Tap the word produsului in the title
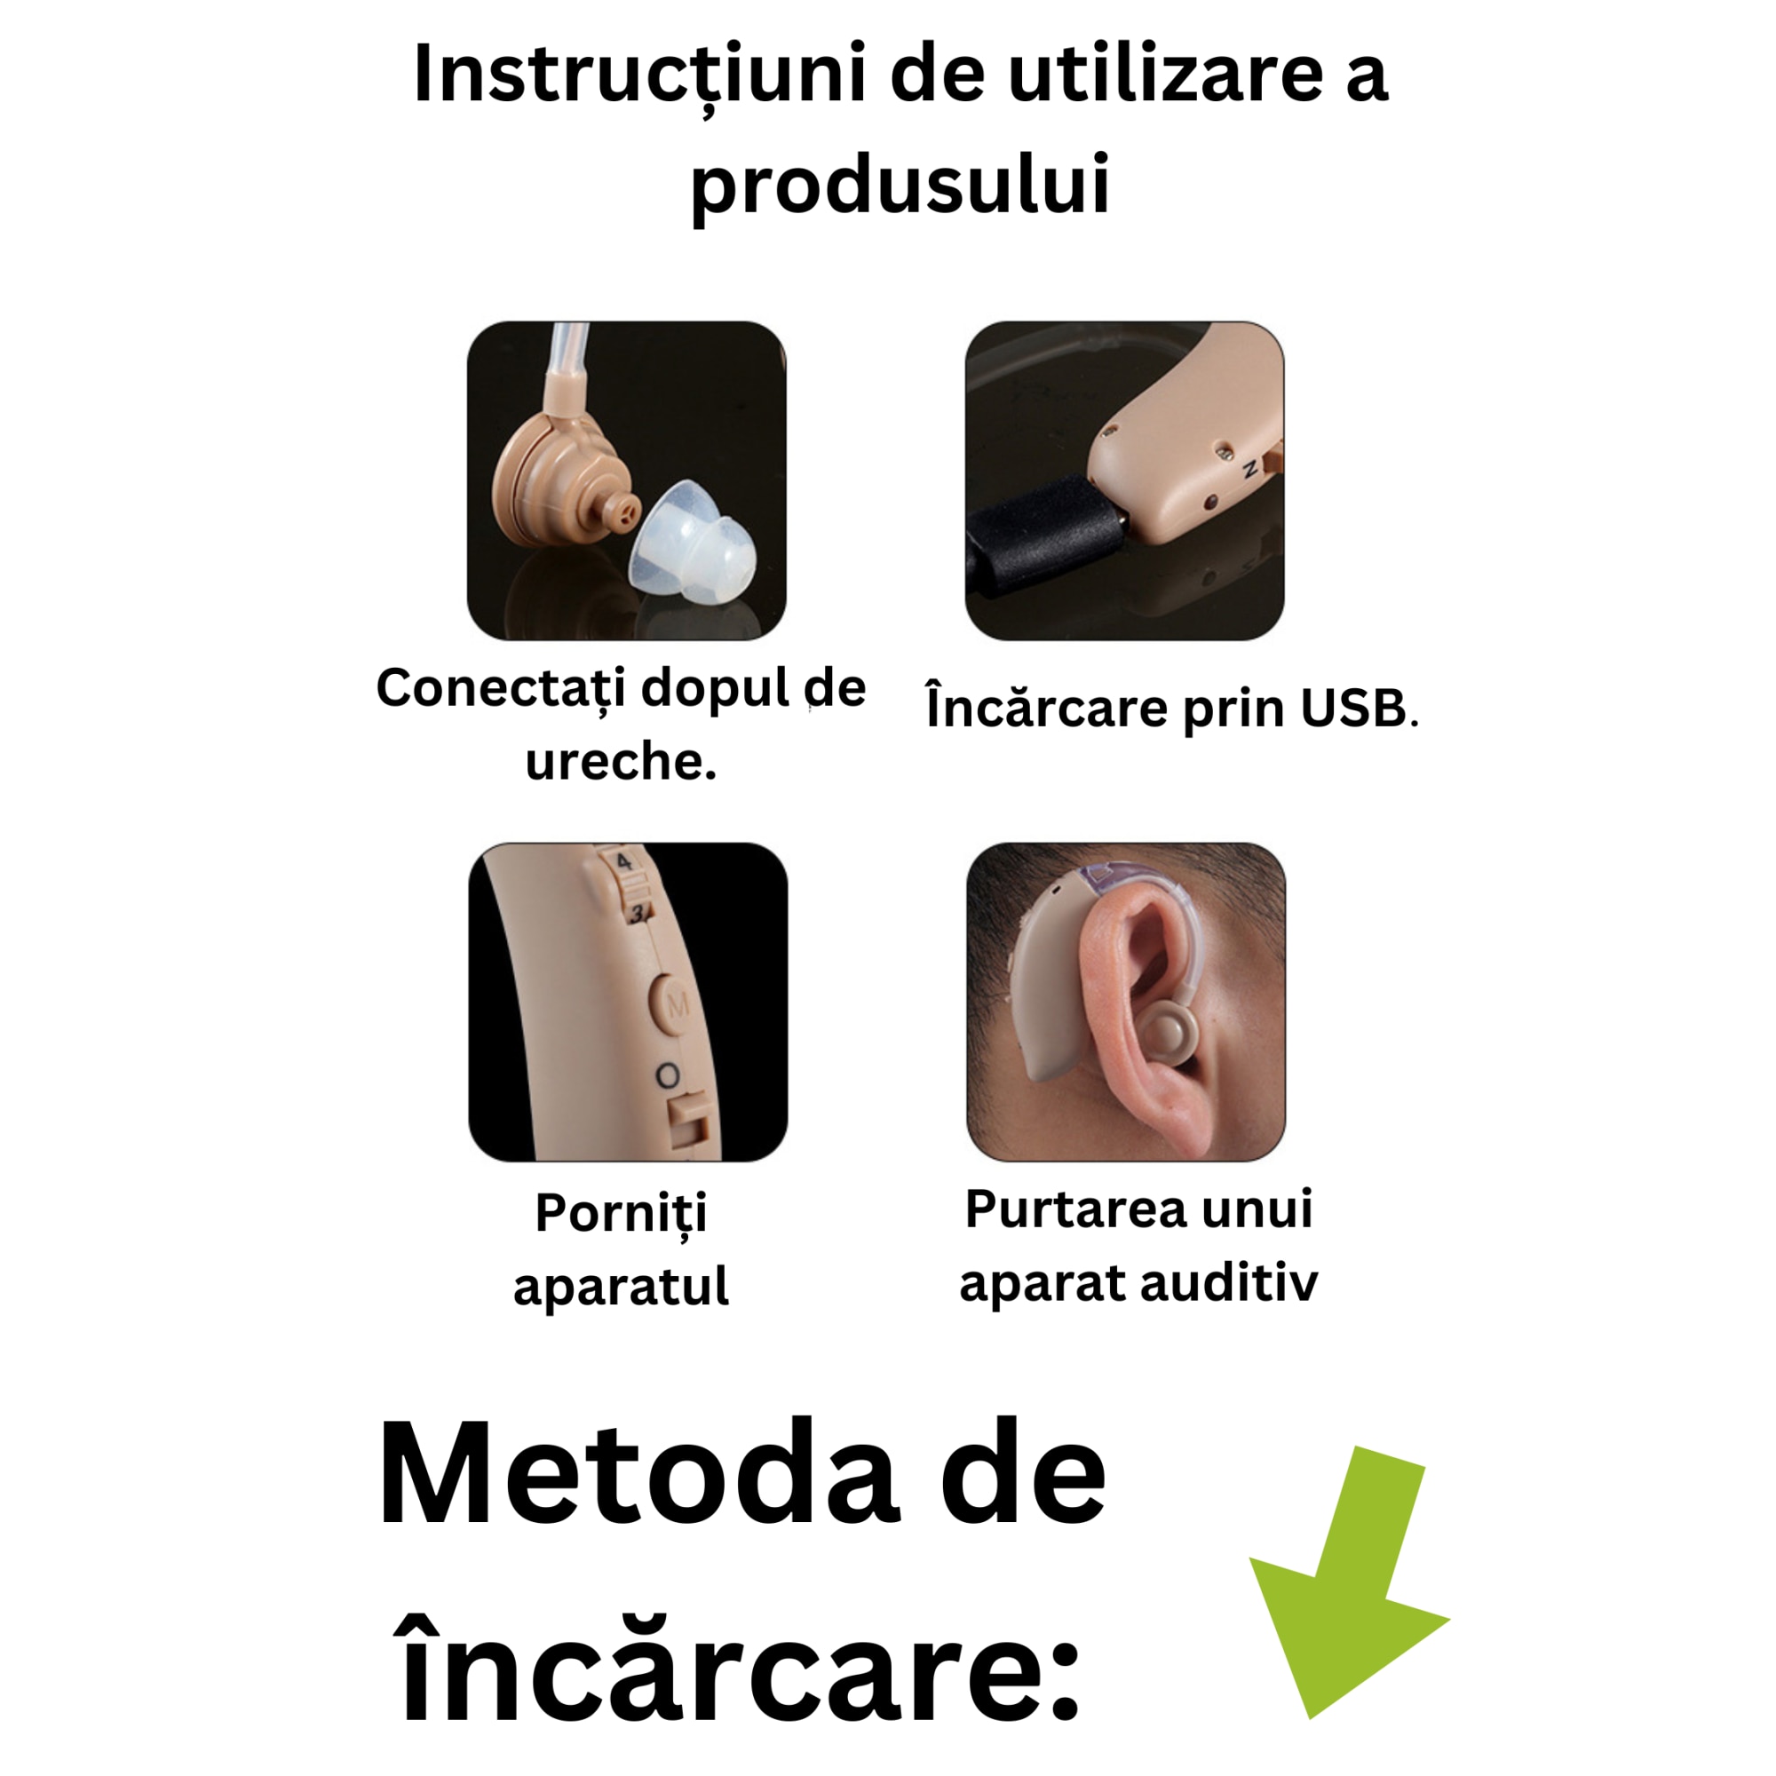tap(900, 184)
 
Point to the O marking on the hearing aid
tap(669, 1076)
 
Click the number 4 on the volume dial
tap(624, 862)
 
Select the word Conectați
tap(501, 687)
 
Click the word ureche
tap(621, 761)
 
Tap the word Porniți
tap(621, 1213)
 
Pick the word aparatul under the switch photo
tap(621, 1286)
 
